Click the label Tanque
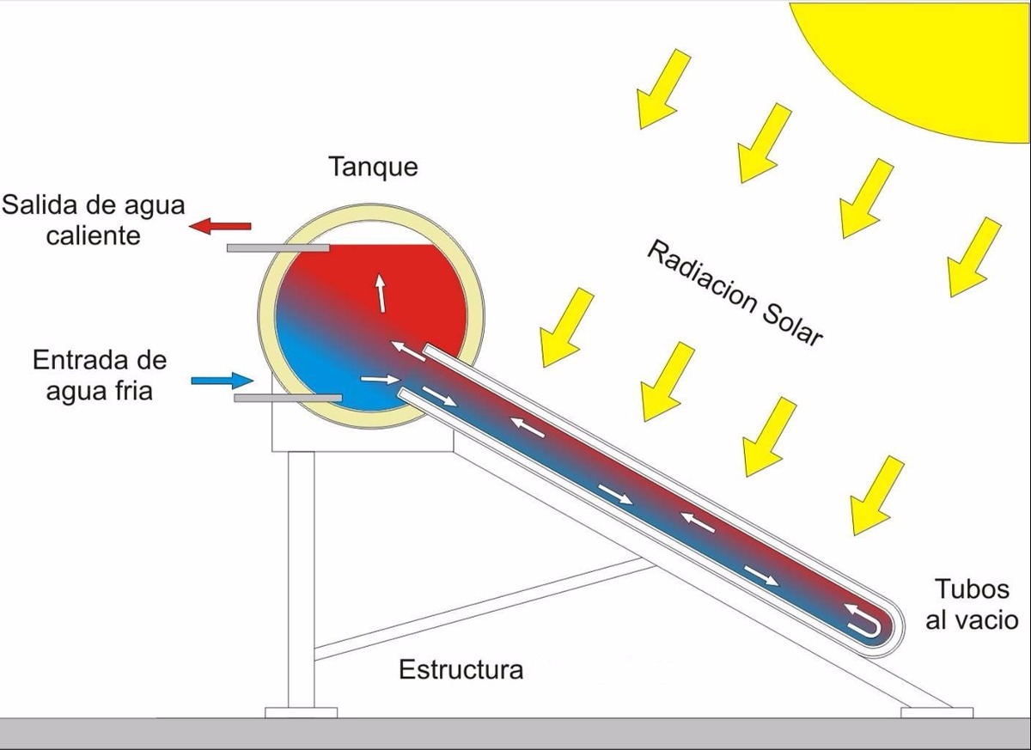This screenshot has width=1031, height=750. (x=373, y=166)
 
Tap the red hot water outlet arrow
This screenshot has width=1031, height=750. (x=221, y=226)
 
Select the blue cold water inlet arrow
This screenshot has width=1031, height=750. (x=222, y=379)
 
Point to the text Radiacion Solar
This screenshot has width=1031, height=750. (x=734, y=293)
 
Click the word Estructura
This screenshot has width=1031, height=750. (x=461, y=668)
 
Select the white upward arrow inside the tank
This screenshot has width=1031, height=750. (x=379, y=293)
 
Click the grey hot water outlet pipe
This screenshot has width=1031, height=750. (x=278, y=248)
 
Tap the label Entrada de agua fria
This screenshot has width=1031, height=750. (x=100, y=375)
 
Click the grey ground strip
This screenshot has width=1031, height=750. (x=515, y=733)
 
